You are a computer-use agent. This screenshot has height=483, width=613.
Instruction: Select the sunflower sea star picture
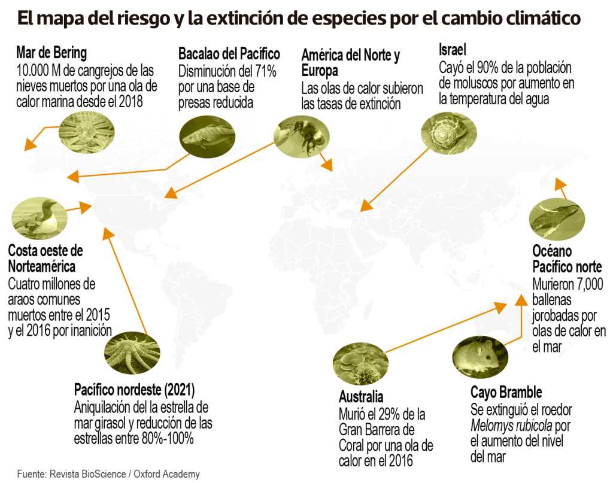coord(132,351)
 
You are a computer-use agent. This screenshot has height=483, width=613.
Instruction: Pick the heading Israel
coord(452,48)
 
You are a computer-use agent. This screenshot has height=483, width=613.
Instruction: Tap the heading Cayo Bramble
coord(506,393)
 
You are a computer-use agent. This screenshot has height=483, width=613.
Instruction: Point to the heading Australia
coord(361,397)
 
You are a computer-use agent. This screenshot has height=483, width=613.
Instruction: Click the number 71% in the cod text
coord(264,72)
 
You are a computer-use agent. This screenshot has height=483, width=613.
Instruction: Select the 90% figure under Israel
coord(485,67)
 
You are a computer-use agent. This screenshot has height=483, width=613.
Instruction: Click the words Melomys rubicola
coord(512,426)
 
